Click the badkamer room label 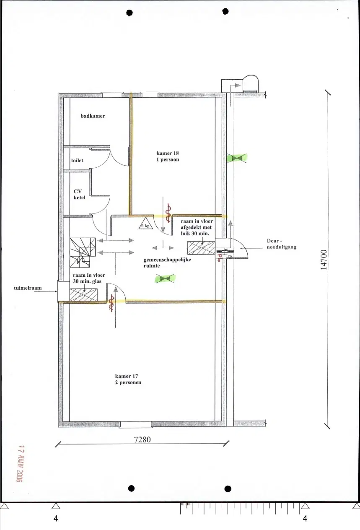[x=93, y=116]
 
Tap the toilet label [x=77, y=160]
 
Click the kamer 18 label [x=168, y=156]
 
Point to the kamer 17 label [x=128, y=379]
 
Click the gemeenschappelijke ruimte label [x=167, y=262]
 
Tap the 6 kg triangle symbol [x=145, y=224]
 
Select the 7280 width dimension [x=142, y=440]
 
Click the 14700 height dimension [x=324, y=260]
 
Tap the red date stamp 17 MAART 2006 [x=19, y=464]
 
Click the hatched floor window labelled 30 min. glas [x=83, y=295]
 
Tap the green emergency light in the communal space [x=165, y=278]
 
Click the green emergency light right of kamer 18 [x=237, y=158]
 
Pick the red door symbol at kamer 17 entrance [x=111, y=303]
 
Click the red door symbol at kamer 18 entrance [x=168, y=213]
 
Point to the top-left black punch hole [x=130, y=12]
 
